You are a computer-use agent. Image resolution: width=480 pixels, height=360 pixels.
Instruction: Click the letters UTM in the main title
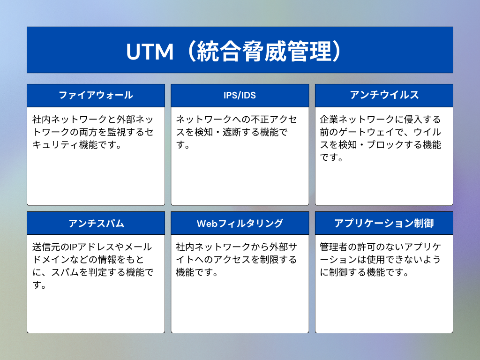[x=150, y=52]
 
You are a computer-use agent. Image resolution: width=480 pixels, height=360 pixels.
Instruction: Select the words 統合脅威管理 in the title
[x=264, y=52]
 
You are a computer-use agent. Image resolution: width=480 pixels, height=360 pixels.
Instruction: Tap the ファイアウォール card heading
[x=96, y=95]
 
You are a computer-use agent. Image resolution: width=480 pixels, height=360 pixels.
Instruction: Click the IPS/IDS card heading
[x=240, y=95]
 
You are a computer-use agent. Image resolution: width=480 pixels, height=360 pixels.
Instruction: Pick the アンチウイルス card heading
[x=384, y=95]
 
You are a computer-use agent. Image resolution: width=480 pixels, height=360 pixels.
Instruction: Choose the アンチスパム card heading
[x=96, y=224]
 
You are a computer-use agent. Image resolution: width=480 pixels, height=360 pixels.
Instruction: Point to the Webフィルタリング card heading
[x=240, y=224]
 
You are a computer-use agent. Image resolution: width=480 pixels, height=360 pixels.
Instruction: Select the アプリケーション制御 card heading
[x=384, y=223]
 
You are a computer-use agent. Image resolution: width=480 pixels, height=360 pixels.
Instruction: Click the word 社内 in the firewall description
[x=41, y=119]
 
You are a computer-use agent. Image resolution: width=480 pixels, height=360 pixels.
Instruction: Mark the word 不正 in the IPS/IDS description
[x=260, y=119]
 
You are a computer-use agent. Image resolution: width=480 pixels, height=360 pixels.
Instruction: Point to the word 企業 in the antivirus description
[x=329, y=119]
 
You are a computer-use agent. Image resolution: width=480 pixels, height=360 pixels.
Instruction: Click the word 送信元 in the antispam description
[x=46, y=247]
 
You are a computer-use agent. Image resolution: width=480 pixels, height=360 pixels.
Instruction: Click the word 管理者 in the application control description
[x=334, y=247]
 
